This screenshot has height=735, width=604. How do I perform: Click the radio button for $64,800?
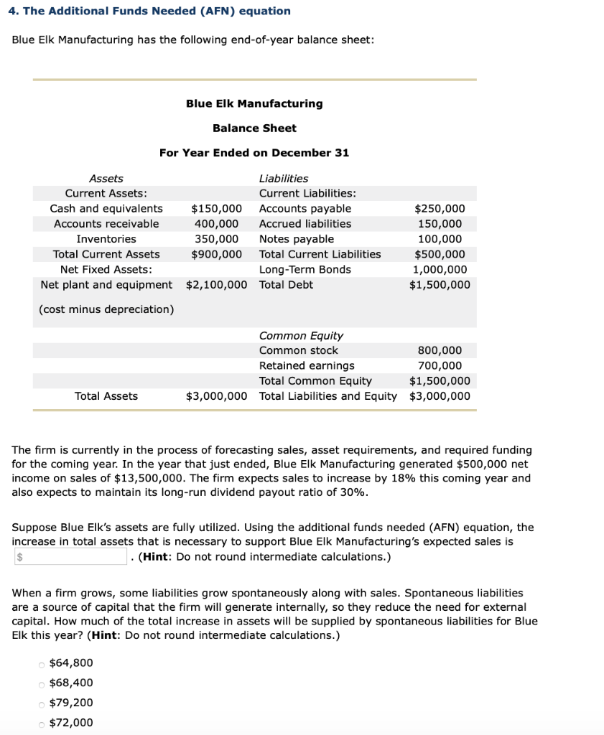[42, 663]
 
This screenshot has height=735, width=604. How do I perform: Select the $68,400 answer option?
[42, 683]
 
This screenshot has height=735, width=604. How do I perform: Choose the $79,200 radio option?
[42, 703]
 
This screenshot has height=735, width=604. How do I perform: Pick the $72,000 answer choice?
[42, 723]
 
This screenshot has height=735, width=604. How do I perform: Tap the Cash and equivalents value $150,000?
[215, 209]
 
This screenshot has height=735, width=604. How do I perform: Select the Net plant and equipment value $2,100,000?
[216, 285]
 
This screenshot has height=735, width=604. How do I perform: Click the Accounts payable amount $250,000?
[440, 209]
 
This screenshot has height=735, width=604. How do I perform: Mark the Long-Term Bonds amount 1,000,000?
[440, 270]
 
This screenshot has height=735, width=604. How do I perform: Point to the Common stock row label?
[298, 351]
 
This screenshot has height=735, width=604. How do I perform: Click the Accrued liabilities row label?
[305, 224]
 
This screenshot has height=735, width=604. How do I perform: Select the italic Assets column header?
[106, 179]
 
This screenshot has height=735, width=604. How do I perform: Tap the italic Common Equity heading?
[301, 336]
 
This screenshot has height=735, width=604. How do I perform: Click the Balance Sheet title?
[254, 128]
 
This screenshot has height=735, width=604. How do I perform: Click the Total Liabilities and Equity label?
[327, 396]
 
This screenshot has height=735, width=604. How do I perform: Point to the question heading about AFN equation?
[152, 11]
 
